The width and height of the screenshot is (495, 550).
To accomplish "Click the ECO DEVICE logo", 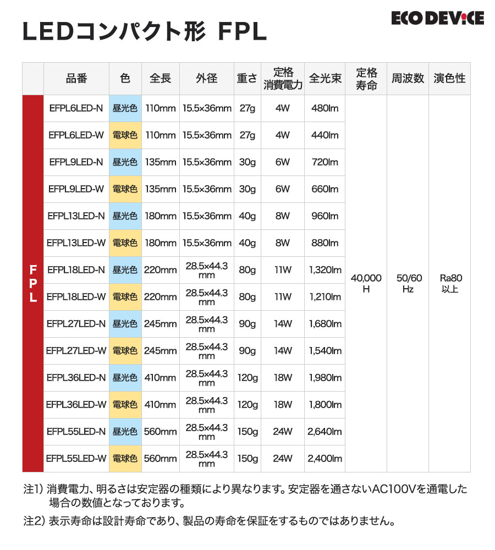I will coord(437,19).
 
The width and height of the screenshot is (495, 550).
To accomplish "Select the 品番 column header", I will coord(76,78).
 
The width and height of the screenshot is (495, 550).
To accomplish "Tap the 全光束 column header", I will coord(324,78).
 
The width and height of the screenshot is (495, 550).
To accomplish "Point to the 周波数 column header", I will coord(408,78).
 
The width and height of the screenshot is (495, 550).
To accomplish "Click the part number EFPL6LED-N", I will coord(76,108).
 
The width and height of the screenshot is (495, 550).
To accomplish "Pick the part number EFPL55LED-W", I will coord(76,459).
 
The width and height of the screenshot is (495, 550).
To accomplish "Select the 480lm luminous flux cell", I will coord(324,108).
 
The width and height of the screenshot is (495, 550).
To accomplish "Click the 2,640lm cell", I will coord(324,432).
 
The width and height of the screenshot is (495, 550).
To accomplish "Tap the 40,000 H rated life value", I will coord(366,283).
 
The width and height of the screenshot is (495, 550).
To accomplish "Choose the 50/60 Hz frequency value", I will coord(408,283).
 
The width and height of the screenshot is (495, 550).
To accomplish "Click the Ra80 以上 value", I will coord(449,283).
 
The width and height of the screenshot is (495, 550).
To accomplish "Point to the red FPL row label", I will coord(33,283).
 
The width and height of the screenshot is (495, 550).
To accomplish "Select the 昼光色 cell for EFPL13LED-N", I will coord(125,216).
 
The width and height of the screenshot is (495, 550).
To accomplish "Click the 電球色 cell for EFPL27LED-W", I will coord(125,351).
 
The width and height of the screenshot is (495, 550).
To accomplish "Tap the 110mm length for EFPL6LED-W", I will coord(160,135).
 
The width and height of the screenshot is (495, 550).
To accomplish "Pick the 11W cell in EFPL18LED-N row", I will coord(282,270).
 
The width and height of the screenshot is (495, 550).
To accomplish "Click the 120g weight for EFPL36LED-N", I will coord(247,378).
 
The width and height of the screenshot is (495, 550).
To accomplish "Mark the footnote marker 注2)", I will coord(34,520).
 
